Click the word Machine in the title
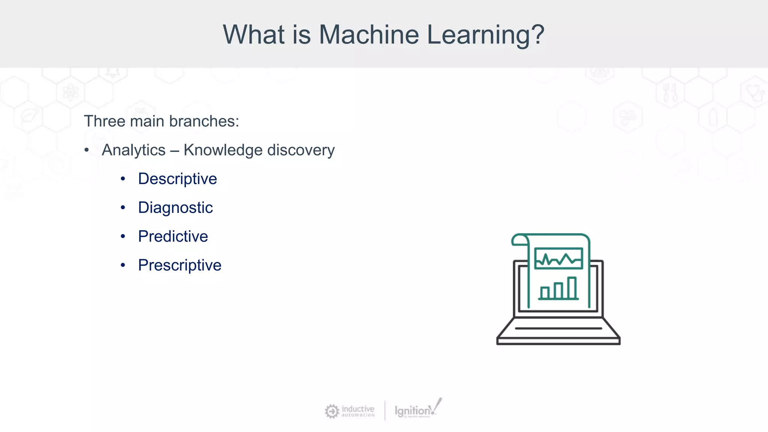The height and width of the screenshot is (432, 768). (368, 34)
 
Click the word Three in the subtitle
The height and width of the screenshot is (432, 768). (104, 121)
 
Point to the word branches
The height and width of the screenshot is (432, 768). (203, 121)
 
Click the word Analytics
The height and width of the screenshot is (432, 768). (133, 150)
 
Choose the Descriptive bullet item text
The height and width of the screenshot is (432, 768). (177, 179)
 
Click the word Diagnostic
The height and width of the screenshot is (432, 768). (175, 208)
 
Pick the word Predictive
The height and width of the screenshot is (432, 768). (173, 237)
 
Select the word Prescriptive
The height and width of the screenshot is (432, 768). (180, 265)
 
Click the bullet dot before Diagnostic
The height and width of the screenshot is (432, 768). (123, 208)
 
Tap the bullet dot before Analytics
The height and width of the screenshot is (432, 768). (87, 150)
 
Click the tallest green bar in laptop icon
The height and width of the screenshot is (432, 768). (571, 288)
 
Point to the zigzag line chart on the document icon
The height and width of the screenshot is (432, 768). (558, 259)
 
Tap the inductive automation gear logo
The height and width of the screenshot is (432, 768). (332, 411)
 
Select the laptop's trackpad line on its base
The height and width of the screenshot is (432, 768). (558, 328)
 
